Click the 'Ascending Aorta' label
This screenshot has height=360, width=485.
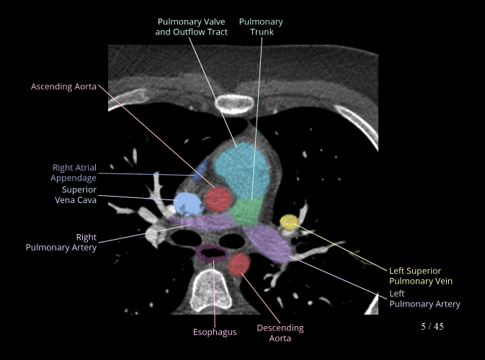pyautogui.click(x=63, y=86)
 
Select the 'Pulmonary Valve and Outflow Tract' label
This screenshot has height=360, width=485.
pyautogui.click(x=192, y=27)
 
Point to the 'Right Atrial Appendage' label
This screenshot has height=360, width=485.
pyautogui.click(x=74, y=173)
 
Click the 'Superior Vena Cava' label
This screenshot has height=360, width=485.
pyautogui.click(x=76, y=195)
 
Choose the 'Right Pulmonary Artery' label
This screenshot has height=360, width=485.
pyautogui.click(x=61, y=242)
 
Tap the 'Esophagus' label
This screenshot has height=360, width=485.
pyautogui.click(x=215, y=332)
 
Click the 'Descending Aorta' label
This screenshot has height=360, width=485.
pyautogui.click(x=280, y=333)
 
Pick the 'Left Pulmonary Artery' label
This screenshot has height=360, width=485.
pyautogui.click(x=424, y=299)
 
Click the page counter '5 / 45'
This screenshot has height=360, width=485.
pyautogui.click(x=432, y=327)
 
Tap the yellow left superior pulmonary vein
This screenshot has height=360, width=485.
pyautogui.click(x=289, y=222)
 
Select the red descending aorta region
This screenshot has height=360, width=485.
pyautogui.click(x=240, y=265)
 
